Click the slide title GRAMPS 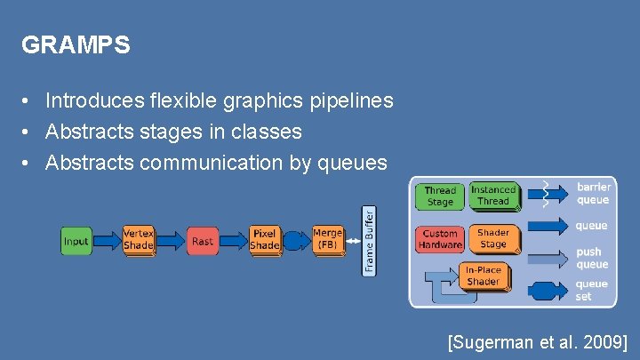click(76, 45)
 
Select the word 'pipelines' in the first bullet click(351, 102)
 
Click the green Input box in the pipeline click(76, 241)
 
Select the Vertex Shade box click(138, 239)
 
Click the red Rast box click(203, 241)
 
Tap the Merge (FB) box click(327, 239)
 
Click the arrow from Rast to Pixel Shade click(234, 241)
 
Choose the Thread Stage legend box click(439, 196)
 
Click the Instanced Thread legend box click(493, 195)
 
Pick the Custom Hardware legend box click(439, 239)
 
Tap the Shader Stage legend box click(493, 238)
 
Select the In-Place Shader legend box click(483, 276)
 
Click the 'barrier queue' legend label click(593, 193)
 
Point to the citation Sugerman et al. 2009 click(538, 342)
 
